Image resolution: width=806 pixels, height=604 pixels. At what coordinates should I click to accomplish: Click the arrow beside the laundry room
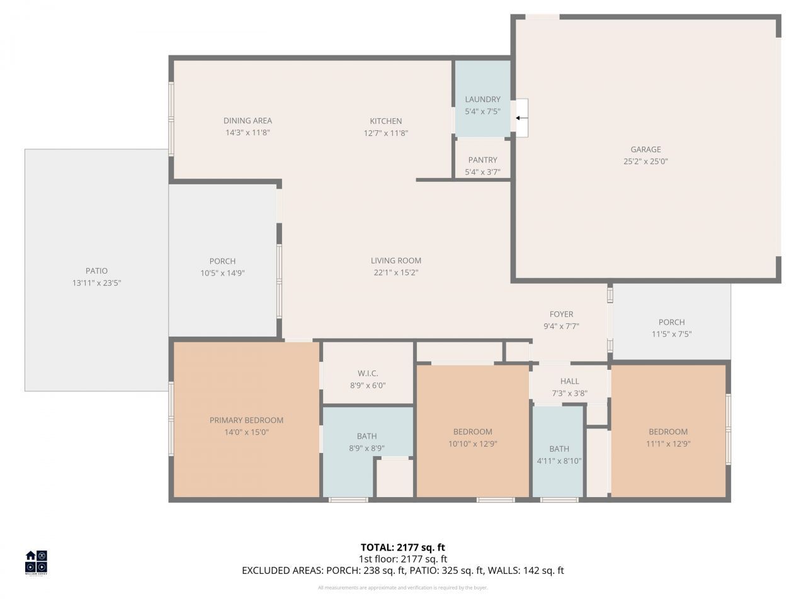(x=522, y=118)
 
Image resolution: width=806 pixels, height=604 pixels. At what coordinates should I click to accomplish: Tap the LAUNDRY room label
(x=482, y=99)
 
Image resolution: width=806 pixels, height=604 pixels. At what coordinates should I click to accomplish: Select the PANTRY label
(x=482, y=160)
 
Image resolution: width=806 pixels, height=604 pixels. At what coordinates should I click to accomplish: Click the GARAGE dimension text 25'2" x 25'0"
(x=645, y=161)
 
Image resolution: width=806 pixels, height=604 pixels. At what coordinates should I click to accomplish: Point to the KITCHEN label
(x=385, y=121)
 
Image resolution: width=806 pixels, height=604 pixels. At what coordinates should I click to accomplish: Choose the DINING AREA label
(x=247, y=121)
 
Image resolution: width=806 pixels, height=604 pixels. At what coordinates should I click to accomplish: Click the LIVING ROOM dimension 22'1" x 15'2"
(x=395, y=272)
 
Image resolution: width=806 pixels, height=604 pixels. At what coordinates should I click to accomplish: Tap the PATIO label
(x=96, y=271)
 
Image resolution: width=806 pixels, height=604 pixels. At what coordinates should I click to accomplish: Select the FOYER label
(x=561, y=315)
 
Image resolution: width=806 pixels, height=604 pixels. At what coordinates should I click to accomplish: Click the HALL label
(x=569, y=381)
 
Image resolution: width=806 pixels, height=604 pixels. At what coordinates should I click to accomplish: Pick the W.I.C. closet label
(x=368, y=374)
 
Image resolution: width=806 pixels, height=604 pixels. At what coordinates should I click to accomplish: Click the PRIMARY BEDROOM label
(x=246, y=420)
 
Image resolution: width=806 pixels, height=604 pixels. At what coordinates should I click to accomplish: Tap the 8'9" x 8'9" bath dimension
(x=367, y=449)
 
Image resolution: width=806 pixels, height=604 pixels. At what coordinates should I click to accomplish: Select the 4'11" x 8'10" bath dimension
(x=559, y=461)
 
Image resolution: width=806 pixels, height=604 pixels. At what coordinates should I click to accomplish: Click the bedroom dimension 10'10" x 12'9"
(x=472, y=444)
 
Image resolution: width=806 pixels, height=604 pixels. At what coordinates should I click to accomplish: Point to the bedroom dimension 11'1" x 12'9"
(x=668, y=444)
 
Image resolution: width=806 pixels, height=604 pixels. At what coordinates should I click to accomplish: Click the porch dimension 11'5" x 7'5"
(x=671, y=334)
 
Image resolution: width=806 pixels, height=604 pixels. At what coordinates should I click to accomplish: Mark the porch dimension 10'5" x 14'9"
(x=222, y=273)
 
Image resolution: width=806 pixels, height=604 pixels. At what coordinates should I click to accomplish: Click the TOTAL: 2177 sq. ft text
(x=402, y=547)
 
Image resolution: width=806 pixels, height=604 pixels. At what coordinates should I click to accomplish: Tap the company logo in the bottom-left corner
(x=36, y=562)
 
